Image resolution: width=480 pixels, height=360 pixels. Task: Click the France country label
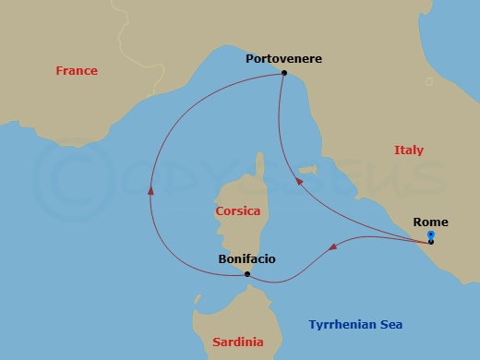tap(77, 71)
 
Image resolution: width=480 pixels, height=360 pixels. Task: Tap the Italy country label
tap(409, 150)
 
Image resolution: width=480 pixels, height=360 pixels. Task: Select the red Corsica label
tap(237, 211)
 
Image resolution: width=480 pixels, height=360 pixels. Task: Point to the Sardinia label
tap(238, 342)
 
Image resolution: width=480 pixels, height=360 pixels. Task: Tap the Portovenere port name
tap(283, 58)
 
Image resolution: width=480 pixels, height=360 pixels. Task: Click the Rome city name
tap(431, 222)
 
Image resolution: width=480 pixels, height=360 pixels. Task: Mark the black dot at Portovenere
tap(283, 73)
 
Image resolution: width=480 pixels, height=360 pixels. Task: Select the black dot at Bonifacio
tap(247, 274)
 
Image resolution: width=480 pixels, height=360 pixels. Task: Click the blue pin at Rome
tap(431, 236)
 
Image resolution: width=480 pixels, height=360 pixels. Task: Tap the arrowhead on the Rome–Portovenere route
tap(298, 182)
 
